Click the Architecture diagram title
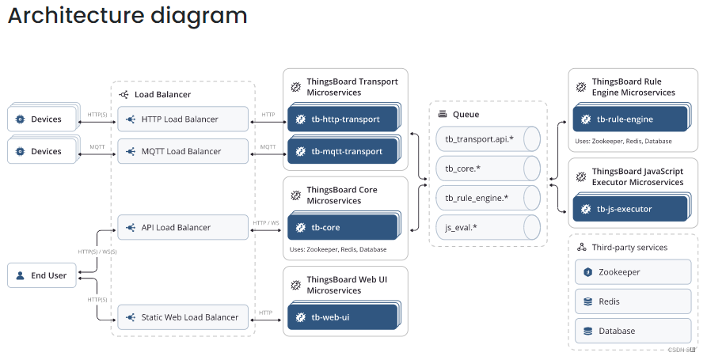pos(127,16)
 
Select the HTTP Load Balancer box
pos(183,119)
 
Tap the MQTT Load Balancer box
pos(183,151)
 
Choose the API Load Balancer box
pos(183,228)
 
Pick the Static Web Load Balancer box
pos(183,317)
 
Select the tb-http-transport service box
pos(344,119)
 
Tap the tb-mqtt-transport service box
pos(344,151)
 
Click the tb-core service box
pos(344,228)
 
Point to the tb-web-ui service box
pos(344,317)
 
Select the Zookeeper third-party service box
pos(633,272)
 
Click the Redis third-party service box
pos(633,301)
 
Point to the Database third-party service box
pos(633,331)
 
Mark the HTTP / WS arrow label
pos(265,222)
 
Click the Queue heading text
pos(466,115)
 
